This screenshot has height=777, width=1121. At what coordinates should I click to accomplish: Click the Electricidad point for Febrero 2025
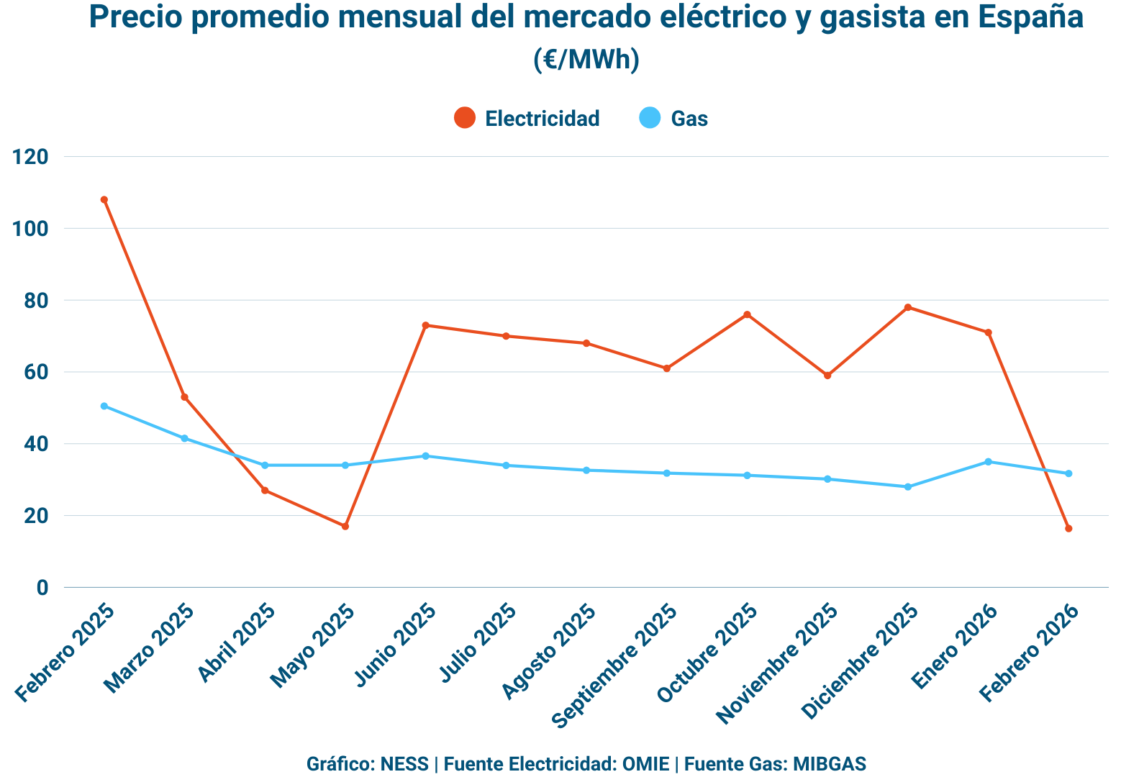[104, 200]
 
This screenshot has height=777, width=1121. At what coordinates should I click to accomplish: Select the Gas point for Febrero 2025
[104, 406]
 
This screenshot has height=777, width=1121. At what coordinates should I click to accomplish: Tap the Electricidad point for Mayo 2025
[345, 527]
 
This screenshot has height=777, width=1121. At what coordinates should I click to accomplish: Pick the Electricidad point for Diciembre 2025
[908, 307]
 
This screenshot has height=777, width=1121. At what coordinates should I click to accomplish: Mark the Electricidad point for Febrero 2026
[1068, 529]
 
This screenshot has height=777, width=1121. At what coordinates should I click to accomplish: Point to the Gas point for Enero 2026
[988, 462]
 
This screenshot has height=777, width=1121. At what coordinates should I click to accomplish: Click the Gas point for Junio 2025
[425, 456]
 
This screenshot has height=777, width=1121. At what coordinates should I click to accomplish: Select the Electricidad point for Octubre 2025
[747, 314]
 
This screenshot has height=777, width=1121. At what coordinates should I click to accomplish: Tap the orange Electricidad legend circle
[465, 118]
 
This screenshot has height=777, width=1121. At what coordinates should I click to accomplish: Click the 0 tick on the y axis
[42, 588]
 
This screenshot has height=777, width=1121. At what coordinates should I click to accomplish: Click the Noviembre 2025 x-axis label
[778, 663]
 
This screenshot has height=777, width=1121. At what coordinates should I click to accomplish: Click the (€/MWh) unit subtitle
[586, 60]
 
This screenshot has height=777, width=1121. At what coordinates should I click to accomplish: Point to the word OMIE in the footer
[645, 763]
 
